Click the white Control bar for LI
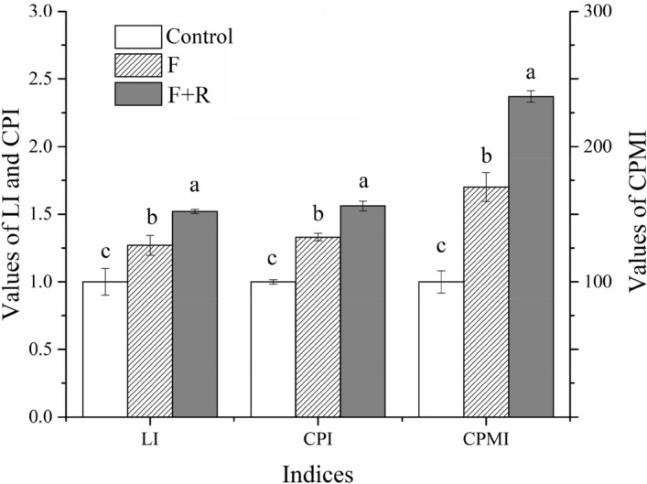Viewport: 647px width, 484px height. click(104, 349)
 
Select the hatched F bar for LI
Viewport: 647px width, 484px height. click(149, 331)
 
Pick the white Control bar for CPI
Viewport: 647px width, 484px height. click(273, 349)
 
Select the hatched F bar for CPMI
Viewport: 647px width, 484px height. click(486, 302)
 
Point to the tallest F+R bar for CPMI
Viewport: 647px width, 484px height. click(531, 256)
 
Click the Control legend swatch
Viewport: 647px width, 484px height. click(137, 38)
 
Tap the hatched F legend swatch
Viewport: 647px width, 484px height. click(137, 66)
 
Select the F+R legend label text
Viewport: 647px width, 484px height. click(189, 94)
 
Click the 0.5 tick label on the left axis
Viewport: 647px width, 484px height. click(40, 350)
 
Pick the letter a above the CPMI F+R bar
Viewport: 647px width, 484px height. click(531, 73)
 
